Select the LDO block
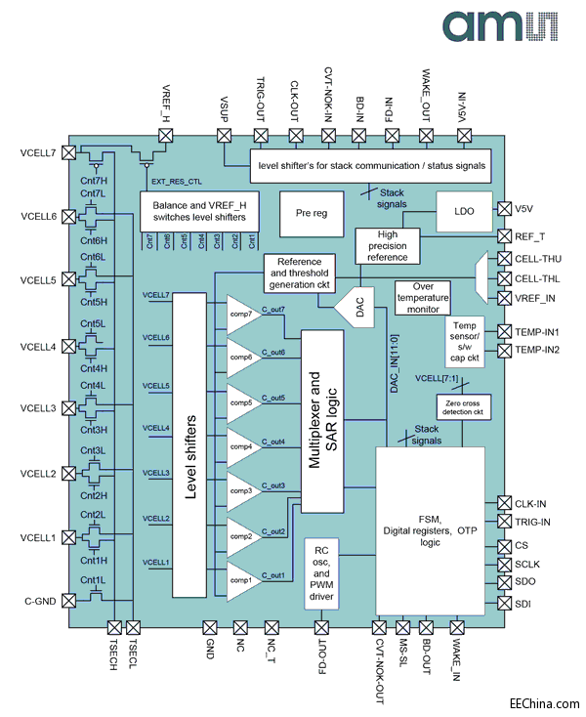tap(464, 211)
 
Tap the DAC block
tap(349, 308)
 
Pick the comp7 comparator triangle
tap(241, 315)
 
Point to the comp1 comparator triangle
tap(241, 579)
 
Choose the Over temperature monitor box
tap(421, 298)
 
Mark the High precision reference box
tap(389, 246)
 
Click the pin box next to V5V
tap(504, 208)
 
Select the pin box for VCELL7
tap(67, 151)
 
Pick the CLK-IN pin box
tap(504, 502)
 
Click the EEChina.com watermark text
tap(543, 701)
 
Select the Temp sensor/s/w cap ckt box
tap(464, 341)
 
